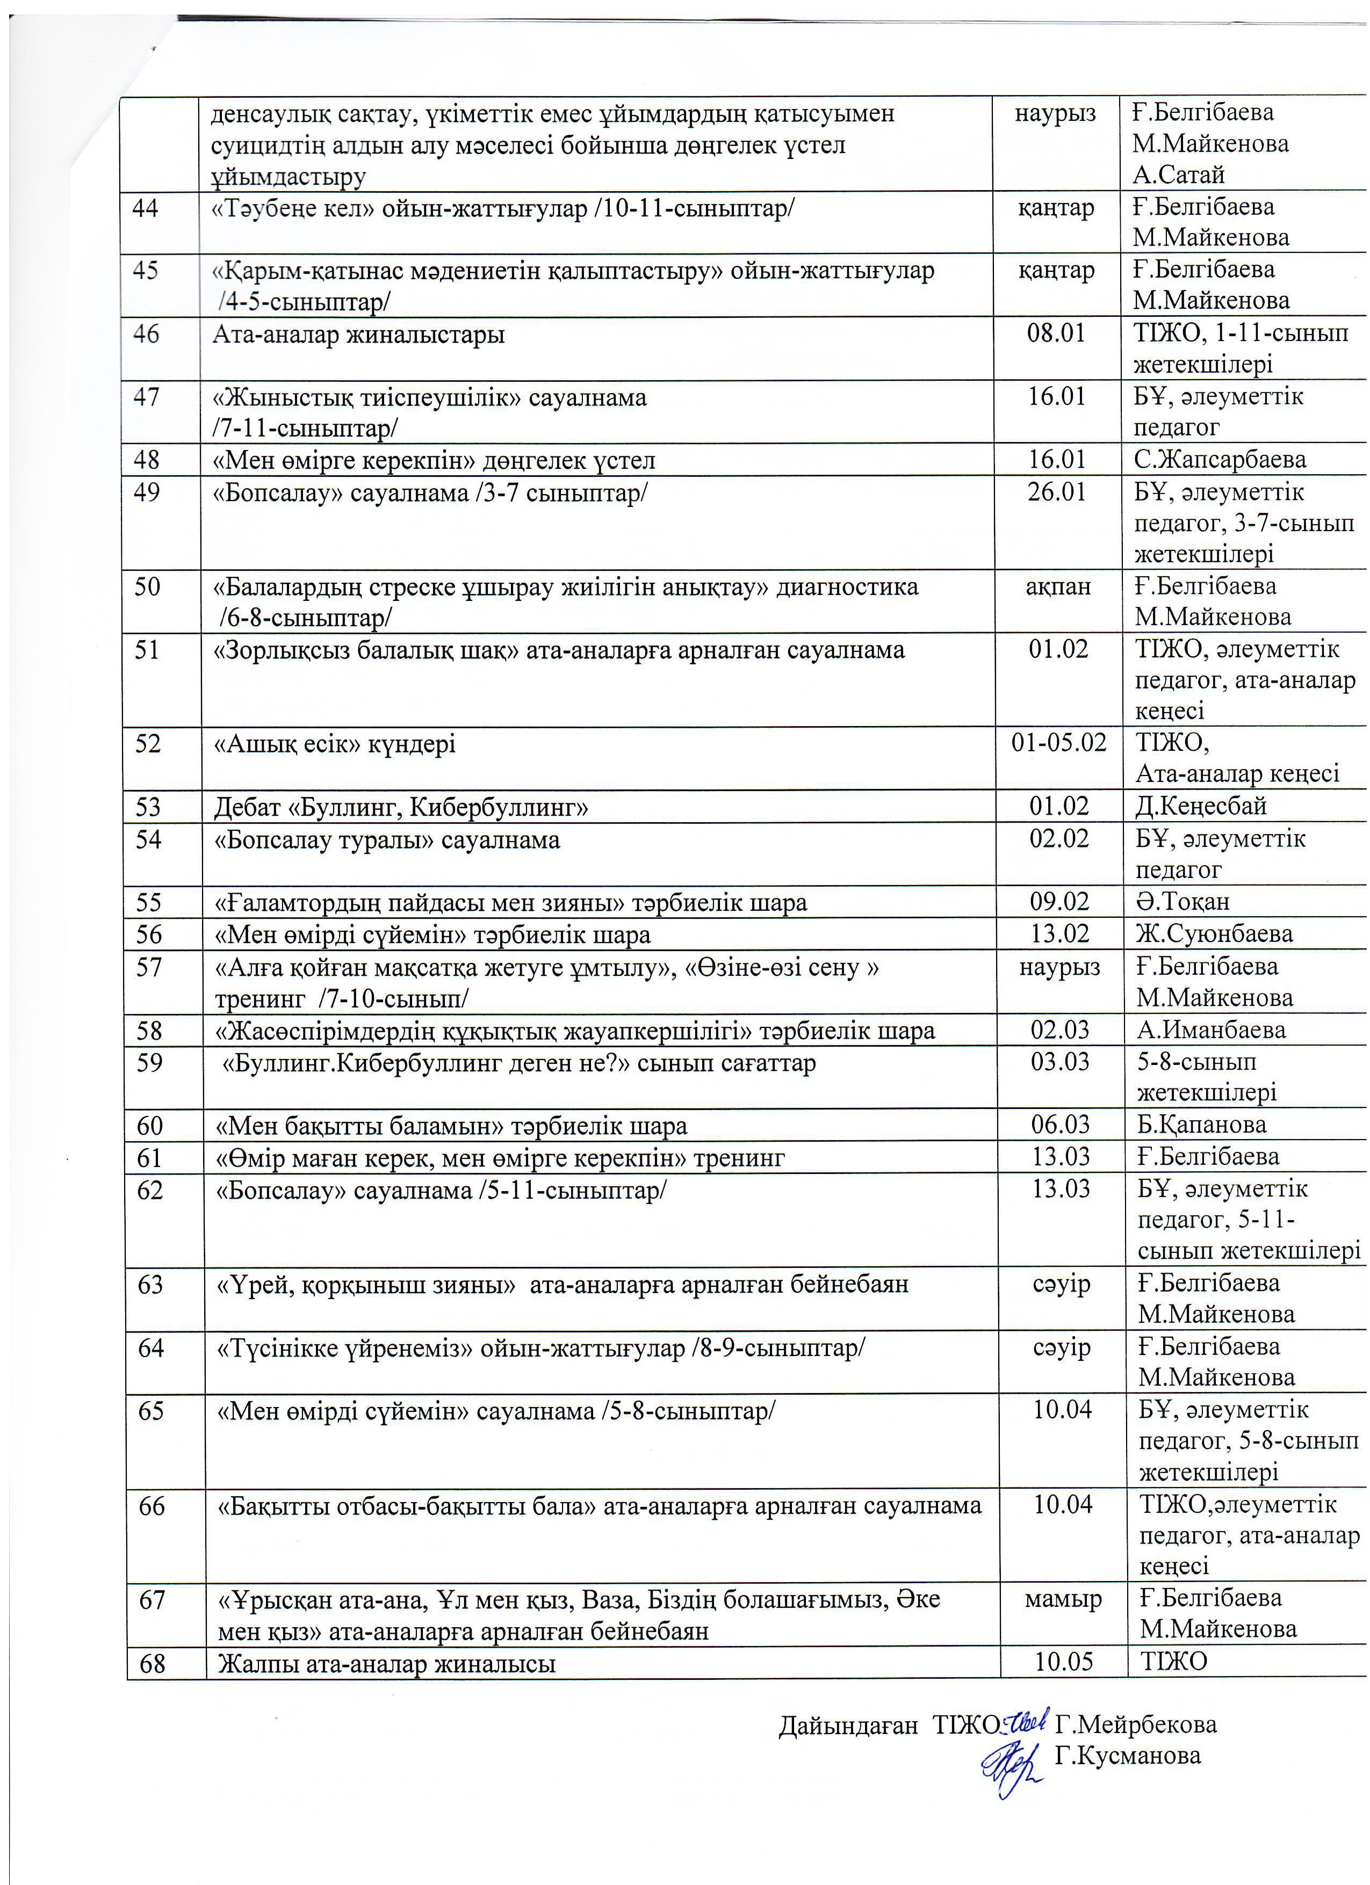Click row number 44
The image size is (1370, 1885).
(146, 208)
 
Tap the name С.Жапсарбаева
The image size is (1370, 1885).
(1220, 460)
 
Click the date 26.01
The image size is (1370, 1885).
(1057, 492)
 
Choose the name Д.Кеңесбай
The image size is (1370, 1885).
(1201, 806)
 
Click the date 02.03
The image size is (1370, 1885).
(1060, 1030)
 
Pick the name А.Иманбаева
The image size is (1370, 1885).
(1211, 1030)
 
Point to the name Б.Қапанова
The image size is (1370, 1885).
(1202, 1125)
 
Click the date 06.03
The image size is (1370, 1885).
(1060, 1125)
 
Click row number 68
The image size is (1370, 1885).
(153, 1663)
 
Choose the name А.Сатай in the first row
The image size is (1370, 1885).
(1178, 176)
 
